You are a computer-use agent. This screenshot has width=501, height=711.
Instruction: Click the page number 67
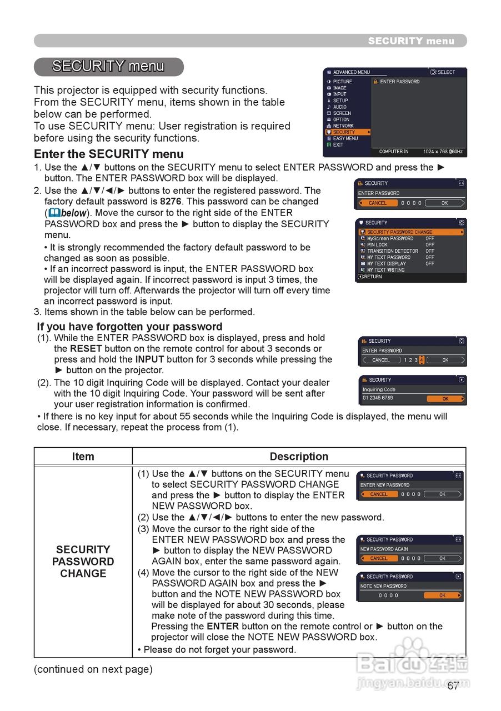tap(453, 685)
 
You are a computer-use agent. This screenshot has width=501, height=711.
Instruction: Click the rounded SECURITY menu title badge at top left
tap(108, 67)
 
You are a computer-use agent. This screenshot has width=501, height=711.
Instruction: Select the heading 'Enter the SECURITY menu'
tap(109, 154)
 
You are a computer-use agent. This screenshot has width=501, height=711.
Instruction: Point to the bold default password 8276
tap(171, 202)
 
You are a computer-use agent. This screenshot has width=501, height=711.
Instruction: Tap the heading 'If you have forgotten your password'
tap(129, 327)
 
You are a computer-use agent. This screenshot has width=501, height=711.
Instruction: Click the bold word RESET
tap(86, 349)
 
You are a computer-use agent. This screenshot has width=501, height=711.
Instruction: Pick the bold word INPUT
tap(149, 359)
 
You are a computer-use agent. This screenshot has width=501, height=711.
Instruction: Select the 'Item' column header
tap(83, 457)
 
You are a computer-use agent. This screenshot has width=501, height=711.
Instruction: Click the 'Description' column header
tap(299, 457)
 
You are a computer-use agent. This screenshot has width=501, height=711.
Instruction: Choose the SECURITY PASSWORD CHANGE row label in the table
tap(83, 561)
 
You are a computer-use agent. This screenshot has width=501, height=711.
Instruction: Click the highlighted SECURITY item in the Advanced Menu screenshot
tap(344, 132)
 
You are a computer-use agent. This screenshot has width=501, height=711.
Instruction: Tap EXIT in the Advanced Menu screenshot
tap(338, 145)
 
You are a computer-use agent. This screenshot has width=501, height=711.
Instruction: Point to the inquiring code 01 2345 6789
tap(378, 398)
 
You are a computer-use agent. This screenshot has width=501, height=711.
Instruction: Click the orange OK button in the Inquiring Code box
tap(445, 399)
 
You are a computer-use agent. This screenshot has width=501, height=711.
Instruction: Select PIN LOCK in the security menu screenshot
tap(377, 244)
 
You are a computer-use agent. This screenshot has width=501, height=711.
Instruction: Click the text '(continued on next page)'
tap(93, 669)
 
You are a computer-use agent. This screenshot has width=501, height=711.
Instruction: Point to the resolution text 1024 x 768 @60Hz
tap(443, 152)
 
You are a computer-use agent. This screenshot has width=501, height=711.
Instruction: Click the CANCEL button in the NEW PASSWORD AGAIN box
tap(379, 558)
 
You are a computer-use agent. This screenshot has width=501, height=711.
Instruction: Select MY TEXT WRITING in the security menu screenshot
tap(385, 270)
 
